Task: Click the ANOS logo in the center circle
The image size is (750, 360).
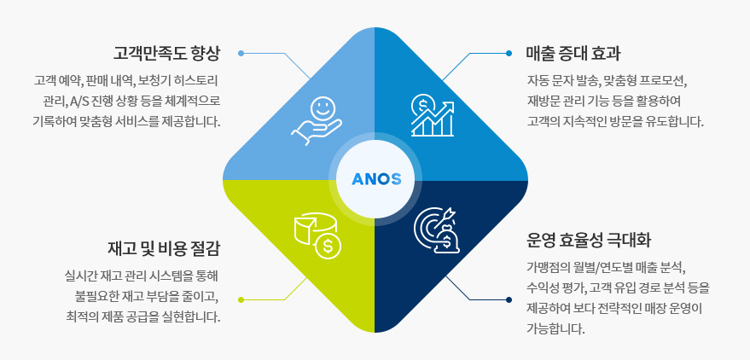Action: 375,180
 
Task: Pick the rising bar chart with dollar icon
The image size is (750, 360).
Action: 432,115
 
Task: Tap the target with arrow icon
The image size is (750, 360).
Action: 435,229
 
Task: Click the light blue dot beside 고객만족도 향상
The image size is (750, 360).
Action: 241,53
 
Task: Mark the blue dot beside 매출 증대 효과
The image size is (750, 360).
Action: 509,53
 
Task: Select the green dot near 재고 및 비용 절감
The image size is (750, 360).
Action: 241,299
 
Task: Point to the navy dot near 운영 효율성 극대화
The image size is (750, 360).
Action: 509,299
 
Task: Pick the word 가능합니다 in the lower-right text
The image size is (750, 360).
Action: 556,328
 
